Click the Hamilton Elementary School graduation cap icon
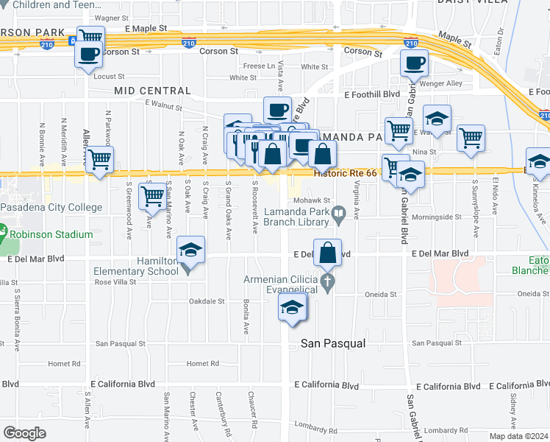point(190,252)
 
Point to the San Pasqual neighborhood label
point(333,343)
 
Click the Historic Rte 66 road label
point(345,173)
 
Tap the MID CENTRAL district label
point(152,91)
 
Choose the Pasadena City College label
point(51,208)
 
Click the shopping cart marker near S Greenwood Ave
point(152,197)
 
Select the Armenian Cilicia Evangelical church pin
point(328,281)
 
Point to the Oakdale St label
point(207,301)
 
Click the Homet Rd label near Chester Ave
point(203,363)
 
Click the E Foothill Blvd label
point(371,94)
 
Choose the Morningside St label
point(436,217)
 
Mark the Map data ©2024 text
point(518,435)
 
